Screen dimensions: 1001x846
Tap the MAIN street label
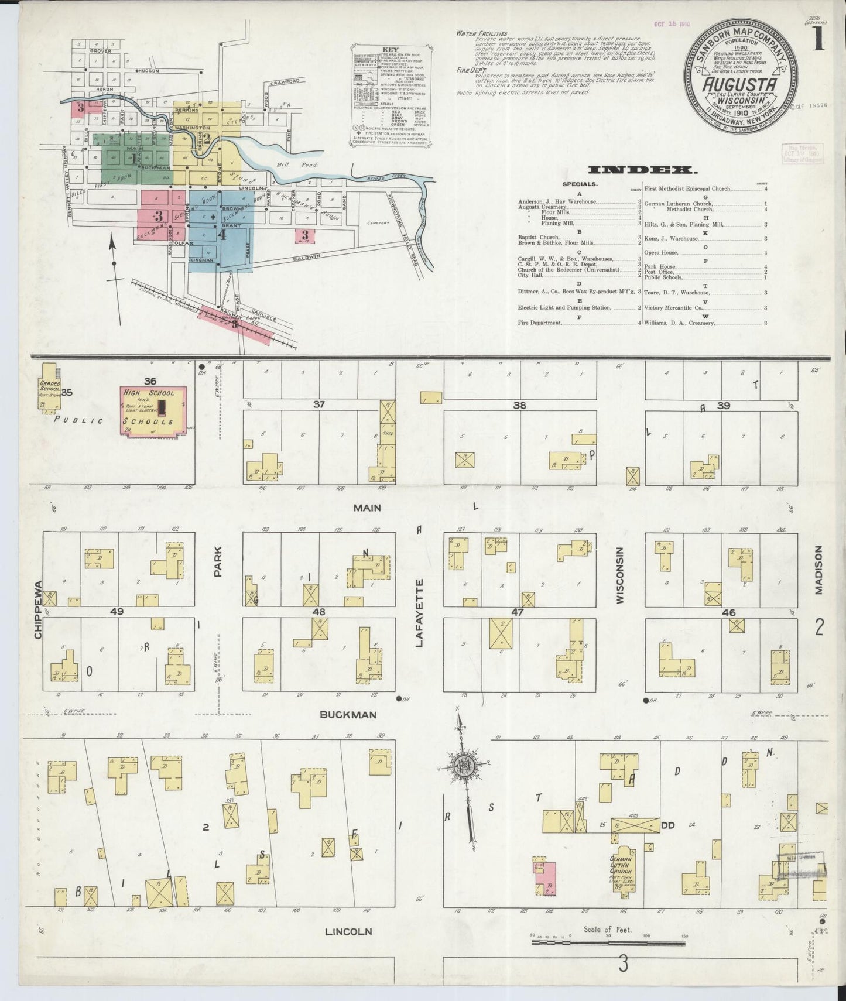pos(367,508)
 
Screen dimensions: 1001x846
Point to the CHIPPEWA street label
pos(39,609)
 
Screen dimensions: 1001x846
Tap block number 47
pos(517,612)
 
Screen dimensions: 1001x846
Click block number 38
pos(519,405)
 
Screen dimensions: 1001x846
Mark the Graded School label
pos(50,388)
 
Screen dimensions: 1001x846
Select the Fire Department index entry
pos(540,323)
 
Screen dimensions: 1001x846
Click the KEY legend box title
pos(390,50)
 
